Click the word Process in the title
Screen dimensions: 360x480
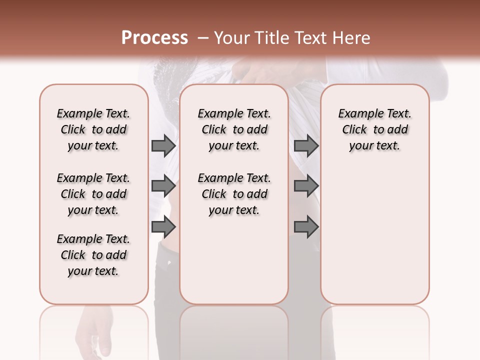tap(154, 38)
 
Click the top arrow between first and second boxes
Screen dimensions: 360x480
tap(163, 146)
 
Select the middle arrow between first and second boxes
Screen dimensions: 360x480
tap(163, 186)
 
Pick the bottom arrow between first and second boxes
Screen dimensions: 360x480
tap(163, 227)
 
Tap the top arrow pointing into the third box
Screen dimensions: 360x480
tap(306, 146)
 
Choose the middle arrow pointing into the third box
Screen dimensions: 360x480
tap(306, 186)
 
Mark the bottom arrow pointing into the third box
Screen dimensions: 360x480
tap(306, 227)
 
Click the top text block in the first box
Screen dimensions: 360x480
tap(93, 129)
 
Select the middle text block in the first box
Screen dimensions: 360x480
tap(93, 194)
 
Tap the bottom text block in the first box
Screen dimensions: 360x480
tap(93, 255)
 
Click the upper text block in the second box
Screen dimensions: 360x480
tap(234, 129)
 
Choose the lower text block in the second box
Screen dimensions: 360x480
tap(234, 194)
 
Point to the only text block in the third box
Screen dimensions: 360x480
tap(374, 129)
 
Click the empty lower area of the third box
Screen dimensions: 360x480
tap(374, 235)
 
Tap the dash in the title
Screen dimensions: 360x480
tap(203, 38)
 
